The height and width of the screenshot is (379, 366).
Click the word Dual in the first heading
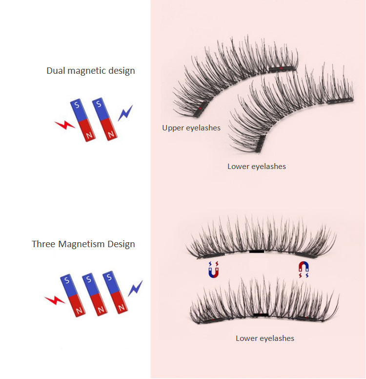pos(56,71)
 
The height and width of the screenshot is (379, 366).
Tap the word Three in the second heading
pos(44,244)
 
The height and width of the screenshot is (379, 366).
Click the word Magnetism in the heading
pos(82,244)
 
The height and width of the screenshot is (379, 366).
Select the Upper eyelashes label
pos(191,128)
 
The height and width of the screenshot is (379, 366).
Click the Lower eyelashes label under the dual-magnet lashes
pos(257,167)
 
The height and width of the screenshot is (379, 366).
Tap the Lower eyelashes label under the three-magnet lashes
pos(265,338)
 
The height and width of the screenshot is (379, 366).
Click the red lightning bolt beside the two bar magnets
pos(64,126)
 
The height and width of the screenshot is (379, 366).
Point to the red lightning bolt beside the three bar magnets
pos(54,299)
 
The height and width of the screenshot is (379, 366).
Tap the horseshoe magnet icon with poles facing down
pos(304,269)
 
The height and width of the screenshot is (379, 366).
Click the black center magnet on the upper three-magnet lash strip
pos(256,252)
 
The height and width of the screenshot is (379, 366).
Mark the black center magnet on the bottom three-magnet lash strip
pos(261,315)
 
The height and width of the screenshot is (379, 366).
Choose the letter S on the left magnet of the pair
pos(76,105)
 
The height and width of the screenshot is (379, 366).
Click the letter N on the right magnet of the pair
pos(112,133)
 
